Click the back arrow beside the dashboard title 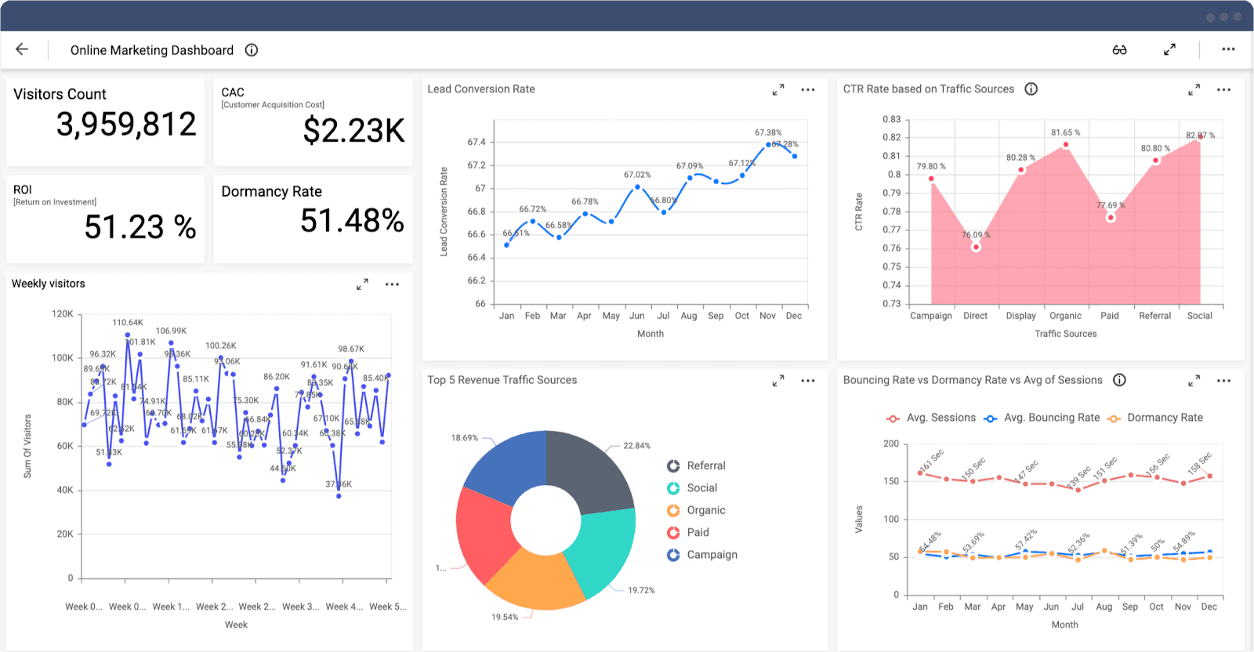point(22,49)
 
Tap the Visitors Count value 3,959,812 point(126,125)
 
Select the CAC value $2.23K point(353,131)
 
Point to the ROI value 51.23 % point(140,227)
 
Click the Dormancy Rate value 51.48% point(352,221)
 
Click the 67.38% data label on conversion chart point(768,132)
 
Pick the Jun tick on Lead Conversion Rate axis point(637,316)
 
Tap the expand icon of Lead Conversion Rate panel point(778,90)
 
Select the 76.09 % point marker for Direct point(976,247)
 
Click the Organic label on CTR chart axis point(1065,316)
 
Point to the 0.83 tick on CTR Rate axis point(892,119)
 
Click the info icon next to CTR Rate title point(1031,89)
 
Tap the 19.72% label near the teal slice point(640,590)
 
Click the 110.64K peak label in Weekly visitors point(127,322)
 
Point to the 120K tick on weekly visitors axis point(63,313)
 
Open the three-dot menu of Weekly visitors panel point(392,284)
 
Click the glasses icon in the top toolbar point(1119,49)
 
